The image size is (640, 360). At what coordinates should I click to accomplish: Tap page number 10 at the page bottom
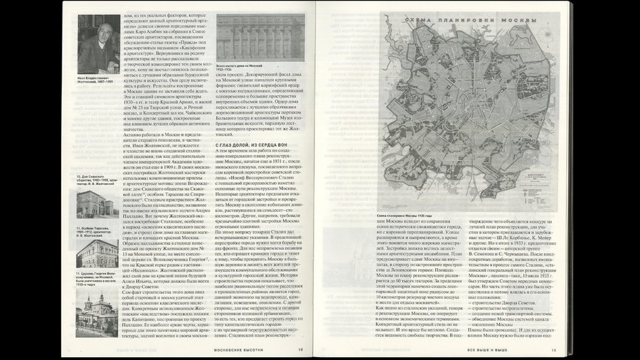tap(300, 349)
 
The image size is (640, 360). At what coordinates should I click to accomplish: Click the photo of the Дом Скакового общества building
tap(97, 154)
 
